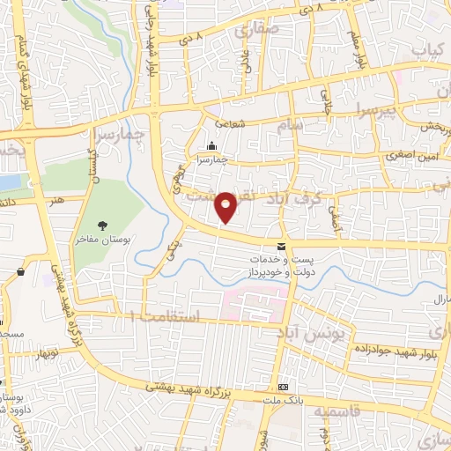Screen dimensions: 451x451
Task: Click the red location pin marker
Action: (x=226, y=206)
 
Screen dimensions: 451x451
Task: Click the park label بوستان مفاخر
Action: (x=110, y=239)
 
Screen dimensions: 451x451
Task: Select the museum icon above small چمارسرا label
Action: (x=211, y=145)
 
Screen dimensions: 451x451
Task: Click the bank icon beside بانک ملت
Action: (x=284, y=388)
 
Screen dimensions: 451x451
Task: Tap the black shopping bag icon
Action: (x=20, y=272)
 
